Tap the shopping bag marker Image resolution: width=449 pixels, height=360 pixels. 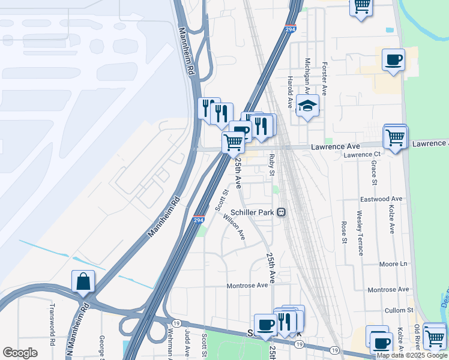point(83,281)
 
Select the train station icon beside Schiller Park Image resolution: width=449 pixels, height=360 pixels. point(281,212)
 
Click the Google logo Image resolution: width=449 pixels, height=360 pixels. point(20,353)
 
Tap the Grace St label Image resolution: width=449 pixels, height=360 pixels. point(374,173)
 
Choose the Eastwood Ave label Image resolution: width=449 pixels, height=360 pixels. point(381,199)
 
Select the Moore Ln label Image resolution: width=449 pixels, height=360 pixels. point(393,264)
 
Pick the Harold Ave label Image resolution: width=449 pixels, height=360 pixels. point(289,88)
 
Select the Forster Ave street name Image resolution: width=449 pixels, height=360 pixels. point(324,78)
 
